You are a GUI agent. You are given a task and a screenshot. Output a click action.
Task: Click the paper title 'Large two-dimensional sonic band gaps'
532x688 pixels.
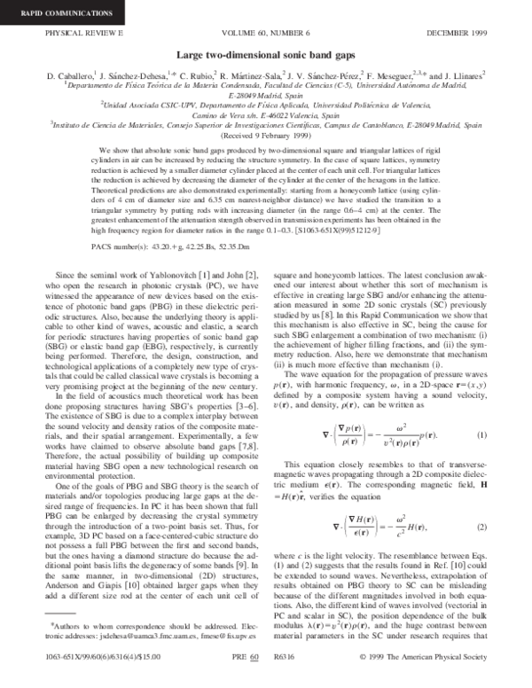(266, 55)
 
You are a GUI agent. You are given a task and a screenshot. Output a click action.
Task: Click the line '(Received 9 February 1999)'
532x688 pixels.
(266, 137)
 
